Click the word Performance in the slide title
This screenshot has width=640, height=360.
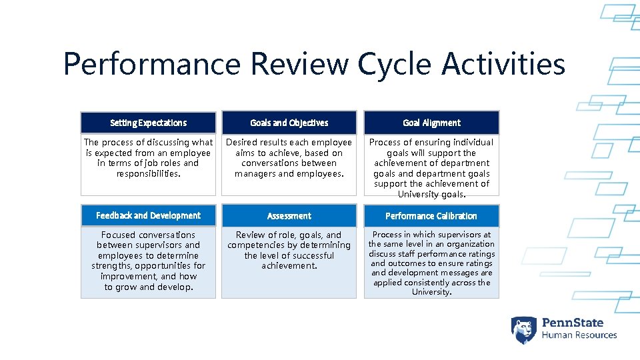[x=153, y=65]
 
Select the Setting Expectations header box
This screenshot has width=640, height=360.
[x=148, y=123]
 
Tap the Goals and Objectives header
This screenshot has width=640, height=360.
[x=289, y=123]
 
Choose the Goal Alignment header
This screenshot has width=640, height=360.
[x=431, y=123]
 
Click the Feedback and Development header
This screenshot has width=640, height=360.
[x=148, y=215]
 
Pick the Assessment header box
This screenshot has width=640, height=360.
[x=289, y=216]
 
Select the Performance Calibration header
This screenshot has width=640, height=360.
[x=431, y=216]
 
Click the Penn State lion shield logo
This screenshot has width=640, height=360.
[x=523, y=329]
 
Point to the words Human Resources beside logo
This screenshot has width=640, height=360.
[x=579, y=335]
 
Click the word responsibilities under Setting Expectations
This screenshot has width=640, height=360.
[x=148, y=173]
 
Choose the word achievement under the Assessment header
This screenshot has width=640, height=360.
[x=289, y=266]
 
